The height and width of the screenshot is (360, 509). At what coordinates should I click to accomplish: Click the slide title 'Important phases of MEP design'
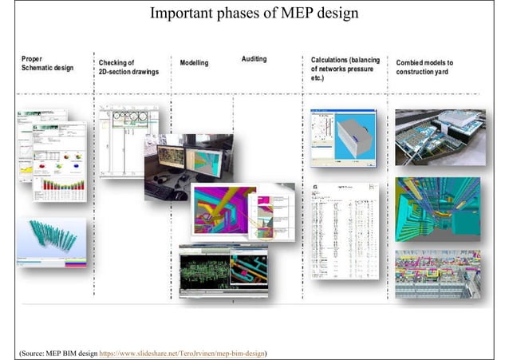(x=254, y=14)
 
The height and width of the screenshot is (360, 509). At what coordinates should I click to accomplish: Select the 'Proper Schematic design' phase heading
(x=47, y=64)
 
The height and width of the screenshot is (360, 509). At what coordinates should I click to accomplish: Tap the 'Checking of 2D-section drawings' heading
(x=128, y=67)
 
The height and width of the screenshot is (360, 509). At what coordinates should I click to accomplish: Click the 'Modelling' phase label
(x=195, y=62)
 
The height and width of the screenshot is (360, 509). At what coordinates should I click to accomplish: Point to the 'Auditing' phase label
(x=254, y=60)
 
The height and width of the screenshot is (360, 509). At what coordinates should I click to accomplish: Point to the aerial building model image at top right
(x=439, y=136)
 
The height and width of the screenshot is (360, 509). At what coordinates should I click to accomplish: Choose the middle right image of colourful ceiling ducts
(x=437, y=208)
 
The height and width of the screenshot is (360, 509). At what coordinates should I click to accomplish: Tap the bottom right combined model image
(x=437, y=273)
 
